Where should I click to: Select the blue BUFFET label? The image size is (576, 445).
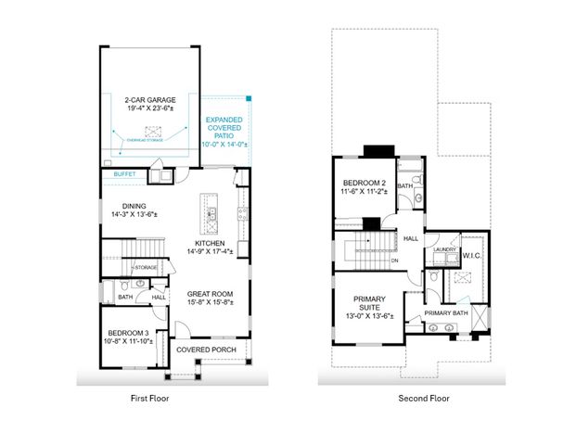point(124,173)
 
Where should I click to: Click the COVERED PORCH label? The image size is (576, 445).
point(204,350)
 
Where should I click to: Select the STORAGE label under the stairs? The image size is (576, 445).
point(146,267)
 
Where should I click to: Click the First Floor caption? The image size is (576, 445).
point(148,399)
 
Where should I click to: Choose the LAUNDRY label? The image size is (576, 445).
point(444,248)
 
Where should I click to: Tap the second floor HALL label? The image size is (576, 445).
point(412,238)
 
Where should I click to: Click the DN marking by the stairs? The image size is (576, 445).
point(394,260)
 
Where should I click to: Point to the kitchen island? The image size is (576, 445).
point(211,215)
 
